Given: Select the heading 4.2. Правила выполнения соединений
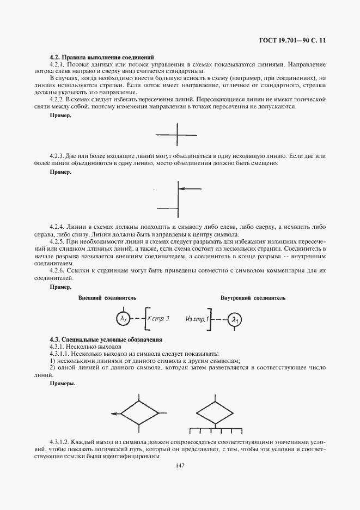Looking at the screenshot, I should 102,57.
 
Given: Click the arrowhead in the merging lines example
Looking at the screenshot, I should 181,189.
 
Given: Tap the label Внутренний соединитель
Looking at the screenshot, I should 253,298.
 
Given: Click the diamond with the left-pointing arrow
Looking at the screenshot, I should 138,414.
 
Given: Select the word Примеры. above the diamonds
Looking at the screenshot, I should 63,384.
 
